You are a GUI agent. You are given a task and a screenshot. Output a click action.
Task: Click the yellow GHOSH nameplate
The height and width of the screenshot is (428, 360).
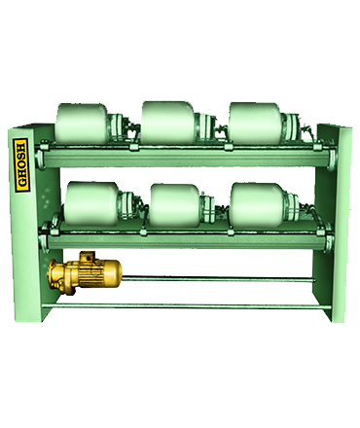tap(21, 165)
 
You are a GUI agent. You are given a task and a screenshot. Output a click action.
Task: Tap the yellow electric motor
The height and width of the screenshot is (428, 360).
tap(85, 273)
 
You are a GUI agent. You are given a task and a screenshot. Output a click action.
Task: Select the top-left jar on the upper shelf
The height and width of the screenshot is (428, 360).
tap(82, 124)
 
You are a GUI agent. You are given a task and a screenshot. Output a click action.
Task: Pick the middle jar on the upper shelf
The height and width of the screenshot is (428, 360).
tap(168, 123)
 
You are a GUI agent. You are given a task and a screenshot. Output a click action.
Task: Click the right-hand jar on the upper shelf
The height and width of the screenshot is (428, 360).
tap(255, 124)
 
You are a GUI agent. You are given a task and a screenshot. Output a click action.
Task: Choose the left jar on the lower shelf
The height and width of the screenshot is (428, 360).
tap(91, 203)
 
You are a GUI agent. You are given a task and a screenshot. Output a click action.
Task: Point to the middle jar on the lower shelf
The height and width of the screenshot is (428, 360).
tap(175, 205)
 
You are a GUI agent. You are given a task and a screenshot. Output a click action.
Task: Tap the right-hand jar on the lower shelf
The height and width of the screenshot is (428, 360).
tap(257, 205)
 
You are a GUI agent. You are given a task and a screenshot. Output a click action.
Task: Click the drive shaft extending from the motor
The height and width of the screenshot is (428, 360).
tap(218, 279)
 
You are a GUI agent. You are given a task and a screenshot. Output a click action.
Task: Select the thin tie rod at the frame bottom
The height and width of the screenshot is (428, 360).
tap(187, 306)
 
